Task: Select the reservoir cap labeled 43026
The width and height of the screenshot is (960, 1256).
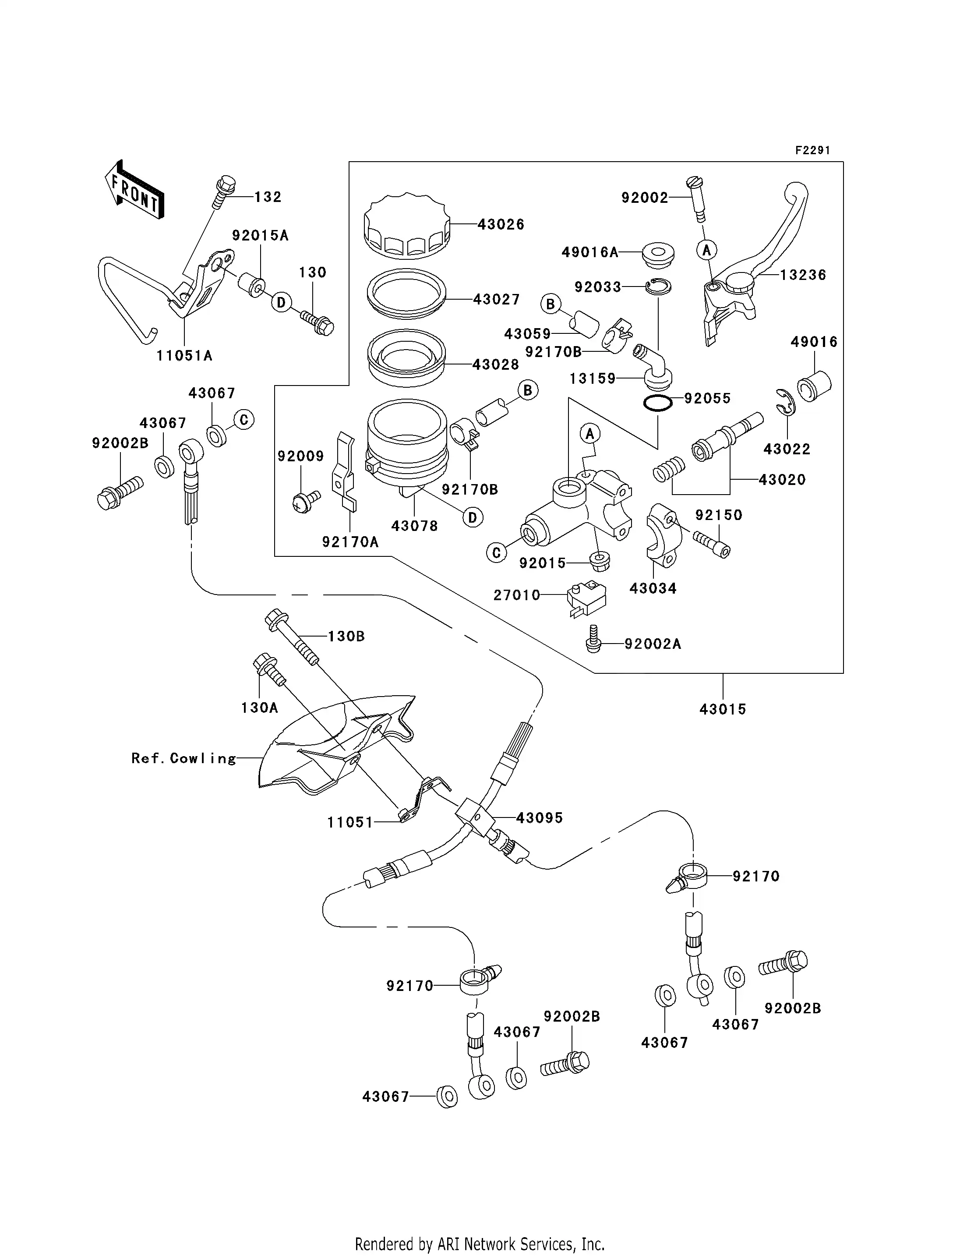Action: [x=406, y=227]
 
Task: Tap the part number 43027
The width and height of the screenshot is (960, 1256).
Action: [x=496, y=300]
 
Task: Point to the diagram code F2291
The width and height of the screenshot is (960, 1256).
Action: [x=812, y=150]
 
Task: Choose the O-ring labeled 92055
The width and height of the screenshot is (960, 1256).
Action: [x=656, y=403]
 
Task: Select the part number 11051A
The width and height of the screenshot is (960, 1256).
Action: [x=184, y=356]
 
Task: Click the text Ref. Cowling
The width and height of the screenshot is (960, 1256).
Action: [x=184, y=759]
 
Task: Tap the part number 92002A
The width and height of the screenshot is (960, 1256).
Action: [x=653, y=644]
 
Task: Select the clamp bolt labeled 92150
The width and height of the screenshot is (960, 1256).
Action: [x=711, y=544]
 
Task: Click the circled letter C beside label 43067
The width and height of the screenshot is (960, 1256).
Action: [x=244, y=420]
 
